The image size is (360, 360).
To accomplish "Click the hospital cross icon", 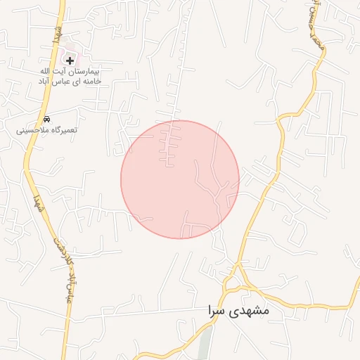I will [x=70, y=61].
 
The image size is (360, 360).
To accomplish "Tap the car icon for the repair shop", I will [x=46, y=119].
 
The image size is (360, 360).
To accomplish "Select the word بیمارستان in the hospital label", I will [x=88, y=72].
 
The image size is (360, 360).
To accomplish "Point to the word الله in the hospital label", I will [x=43, y=72].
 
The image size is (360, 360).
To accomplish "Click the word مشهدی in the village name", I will [x=254, y=309].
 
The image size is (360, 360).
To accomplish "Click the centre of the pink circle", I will [x=180, y=179].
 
